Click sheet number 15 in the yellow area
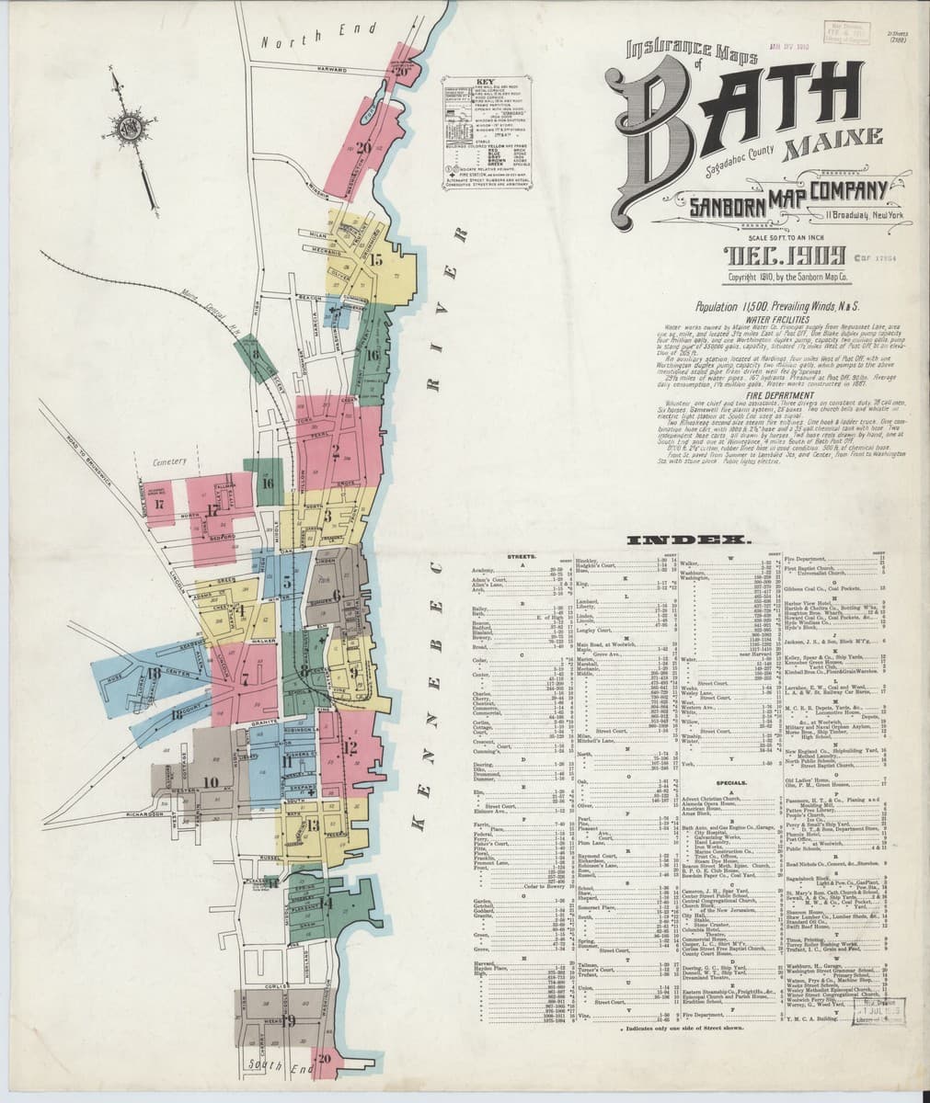(375, 259)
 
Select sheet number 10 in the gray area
(211, 782)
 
